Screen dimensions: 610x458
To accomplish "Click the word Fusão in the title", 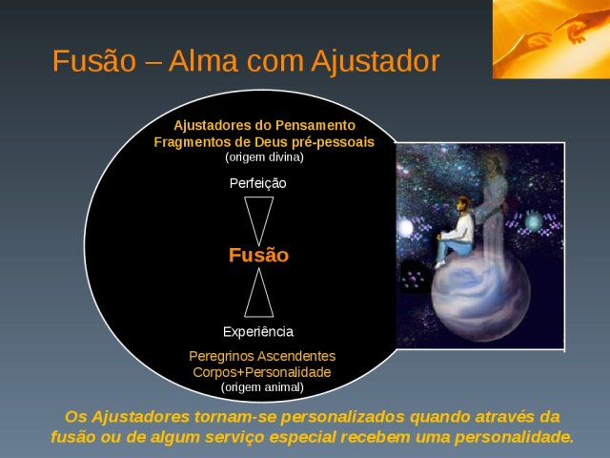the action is point(94,61).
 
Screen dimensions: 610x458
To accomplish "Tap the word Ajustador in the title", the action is point(375,61).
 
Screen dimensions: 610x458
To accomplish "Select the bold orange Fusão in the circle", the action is point(258,255).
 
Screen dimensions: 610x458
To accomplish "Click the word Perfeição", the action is point(258,183).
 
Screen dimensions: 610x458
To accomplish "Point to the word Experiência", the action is point(258,331).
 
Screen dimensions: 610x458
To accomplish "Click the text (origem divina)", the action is point(264,157).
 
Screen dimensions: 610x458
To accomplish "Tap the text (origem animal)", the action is point(262,387).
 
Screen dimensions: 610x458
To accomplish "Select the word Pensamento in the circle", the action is point(315,125).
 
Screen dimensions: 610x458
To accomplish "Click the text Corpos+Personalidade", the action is point(262,372).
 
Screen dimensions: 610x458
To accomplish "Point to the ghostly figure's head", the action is point(494,163).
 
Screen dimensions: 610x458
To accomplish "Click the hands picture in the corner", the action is point(551,39).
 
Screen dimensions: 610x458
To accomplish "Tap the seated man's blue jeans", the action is point(451,248).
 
